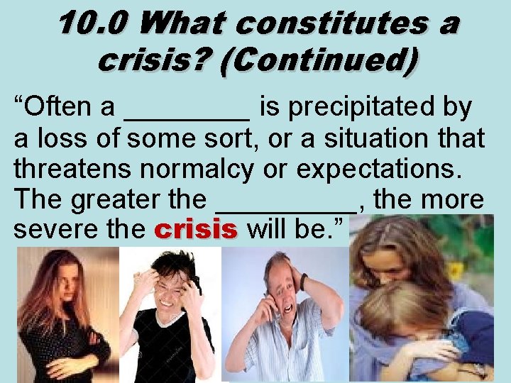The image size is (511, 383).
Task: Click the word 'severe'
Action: tap(58, 230)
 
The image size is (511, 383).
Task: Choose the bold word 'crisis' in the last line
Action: tap(194, 230)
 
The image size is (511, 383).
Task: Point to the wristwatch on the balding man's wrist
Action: tap(303, 282)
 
